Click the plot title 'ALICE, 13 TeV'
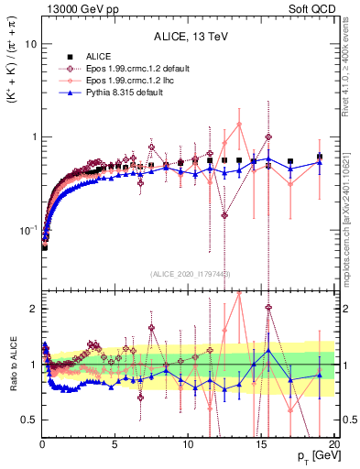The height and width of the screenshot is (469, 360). (x=188, y=38)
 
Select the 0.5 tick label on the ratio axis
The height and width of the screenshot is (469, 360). (x=27, y=420)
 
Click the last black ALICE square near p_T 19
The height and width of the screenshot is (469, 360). (x=320, y=157)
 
